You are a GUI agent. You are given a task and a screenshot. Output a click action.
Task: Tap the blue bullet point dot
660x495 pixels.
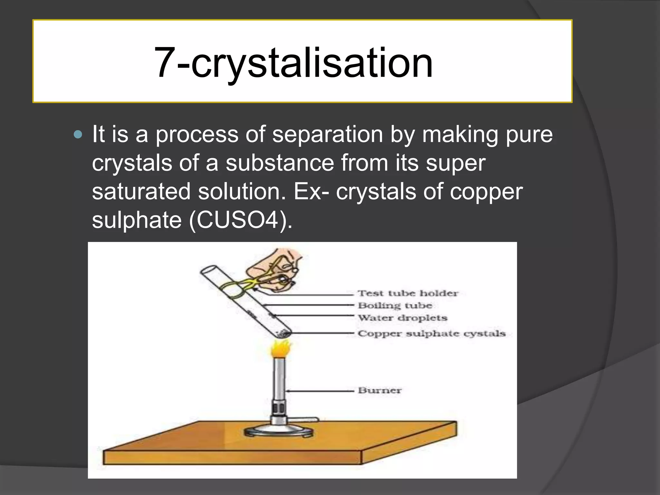[x=78, y=134]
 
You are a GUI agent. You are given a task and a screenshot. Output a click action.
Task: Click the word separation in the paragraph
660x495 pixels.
[x=327, y=134]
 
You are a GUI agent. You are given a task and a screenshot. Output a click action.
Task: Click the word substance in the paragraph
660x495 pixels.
[x=279, y=163]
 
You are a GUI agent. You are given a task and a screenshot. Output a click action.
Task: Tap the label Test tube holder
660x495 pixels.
[x=408, y=293]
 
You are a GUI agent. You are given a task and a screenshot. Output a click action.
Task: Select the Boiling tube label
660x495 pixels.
[x=395, y=305]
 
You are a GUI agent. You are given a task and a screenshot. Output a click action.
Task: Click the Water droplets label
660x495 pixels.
[x=403, y=318]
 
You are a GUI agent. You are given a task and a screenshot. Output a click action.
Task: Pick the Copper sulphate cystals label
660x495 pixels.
[x=431, y=334]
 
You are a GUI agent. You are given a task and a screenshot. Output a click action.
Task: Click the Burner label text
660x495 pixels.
[x=380, y=391]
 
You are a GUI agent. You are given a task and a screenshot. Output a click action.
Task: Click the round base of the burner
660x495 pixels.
[x=279, y=432]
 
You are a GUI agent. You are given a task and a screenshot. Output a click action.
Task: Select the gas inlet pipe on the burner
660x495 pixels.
[x=306, y=420]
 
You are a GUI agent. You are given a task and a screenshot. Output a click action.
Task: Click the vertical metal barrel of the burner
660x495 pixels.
[x=279, y=380]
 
